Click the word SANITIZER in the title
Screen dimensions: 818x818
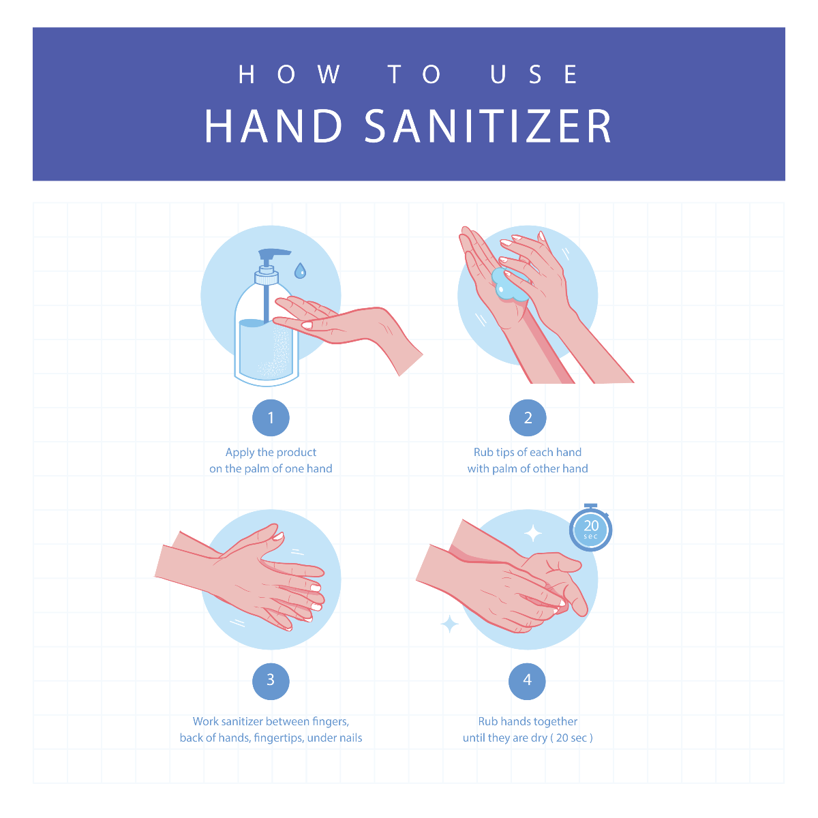pyautogui.click(x=488, y=126)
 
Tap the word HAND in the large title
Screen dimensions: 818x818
pyautogui.click(x=274, y=126)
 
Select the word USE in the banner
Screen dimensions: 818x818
pyautogui.click(x=534, y=74)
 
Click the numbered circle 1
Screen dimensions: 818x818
pyautogui.click(x=271, y=418)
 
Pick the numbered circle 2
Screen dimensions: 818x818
pyautogui.click(x=528, y=418)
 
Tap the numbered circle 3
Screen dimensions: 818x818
pyautogui.click(x=271, y=680)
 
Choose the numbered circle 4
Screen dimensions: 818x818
pyautogui.click(x=528, y=680)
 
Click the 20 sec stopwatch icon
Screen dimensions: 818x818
pyautogui.click(x=591, y=529)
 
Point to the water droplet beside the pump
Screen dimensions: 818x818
pyautogui.click(x=299, y=271)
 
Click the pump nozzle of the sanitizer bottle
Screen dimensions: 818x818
pyautogui.click(x=273, y=254)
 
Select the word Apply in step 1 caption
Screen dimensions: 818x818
pyautogui.click(x=240, y=453)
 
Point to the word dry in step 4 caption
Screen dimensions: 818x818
pyautogui.click(x=539, y=738)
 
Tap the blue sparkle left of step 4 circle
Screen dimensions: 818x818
pyautogui.click(x=449, y=624)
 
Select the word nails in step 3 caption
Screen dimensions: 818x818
pyautogui.click(x=349, y=738)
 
